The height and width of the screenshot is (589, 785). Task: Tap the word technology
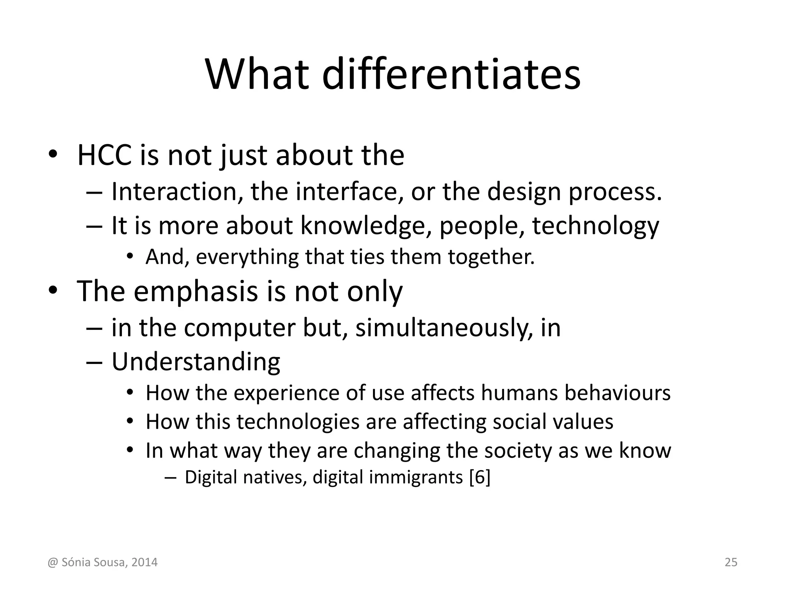point(596,226)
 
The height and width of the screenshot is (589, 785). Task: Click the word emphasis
point(195,291)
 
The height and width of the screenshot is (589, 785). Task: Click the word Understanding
point(196,362)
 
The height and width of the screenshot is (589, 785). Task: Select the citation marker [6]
point(480,478)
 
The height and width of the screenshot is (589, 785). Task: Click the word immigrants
point(416,478)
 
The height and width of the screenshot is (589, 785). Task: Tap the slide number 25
point(731,563)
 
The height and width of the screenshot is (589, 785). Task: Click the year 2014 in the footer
point(144,563)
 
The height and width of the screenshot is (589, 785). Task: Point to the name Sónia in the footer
point(74,563)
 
